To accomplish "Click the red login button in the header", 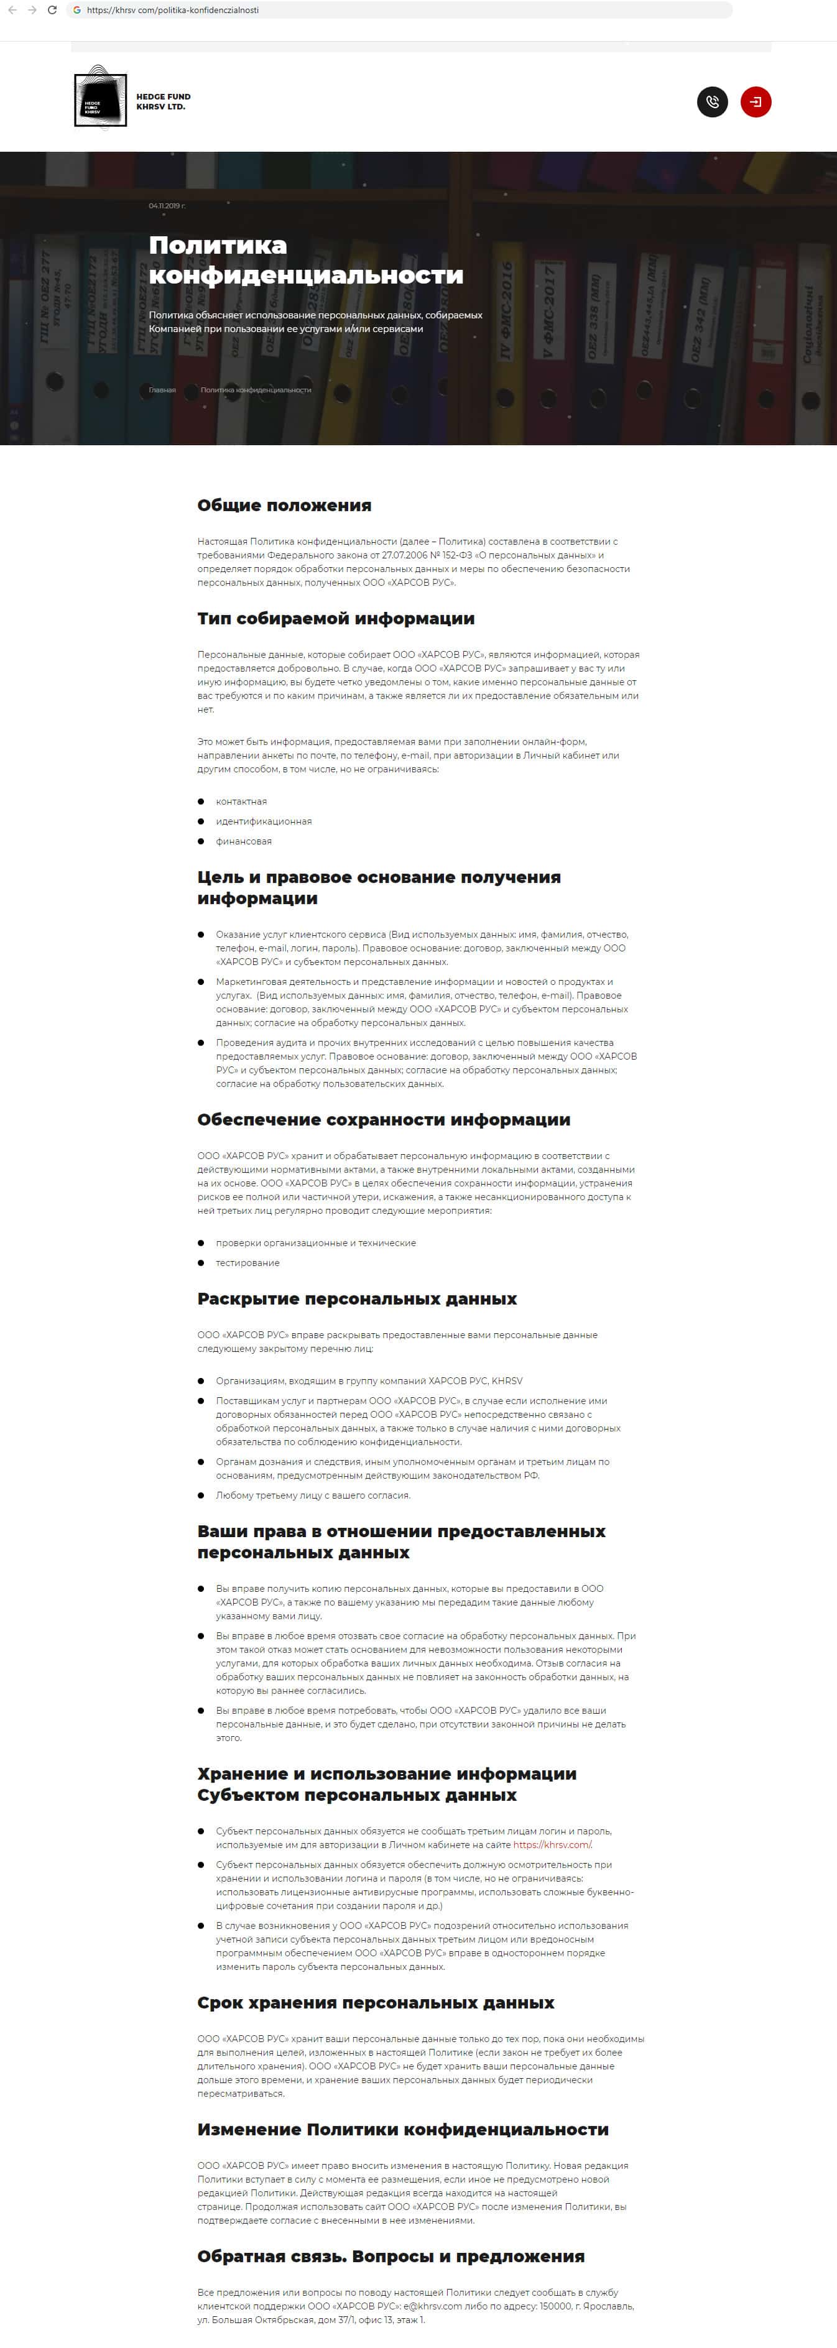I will point(755,102).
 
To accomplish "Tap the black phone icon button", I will point(712,102).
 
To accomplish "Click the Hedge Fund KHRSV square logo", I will point(100,98).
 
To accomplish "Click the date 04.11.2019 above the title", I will point(167,206).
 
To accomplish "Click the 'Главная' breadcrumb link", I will point(162,390).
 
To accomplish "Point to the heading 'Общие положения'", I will point(284,505).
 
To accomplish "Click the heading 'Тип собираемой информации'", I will point(336,618).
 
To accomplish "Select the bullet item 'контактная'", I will point(241,801).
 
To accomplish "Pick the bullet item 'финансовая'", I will point(243,841).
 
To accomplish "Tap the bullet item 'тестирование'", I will point(247,1262).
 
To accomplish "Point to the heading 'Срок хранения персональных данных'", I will point(376,2002).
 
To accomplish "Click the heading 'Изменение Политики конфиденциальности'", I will point(402,2128).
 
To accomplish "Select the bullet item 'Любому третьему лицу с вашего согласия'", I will point(313,1495).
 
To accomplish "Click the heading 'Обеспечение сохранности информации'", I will point(383,1119).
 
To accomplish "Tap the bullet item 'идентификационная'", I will point(264,821).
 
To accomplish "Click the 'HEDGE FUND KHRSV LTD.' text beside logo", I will point(163,101).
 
